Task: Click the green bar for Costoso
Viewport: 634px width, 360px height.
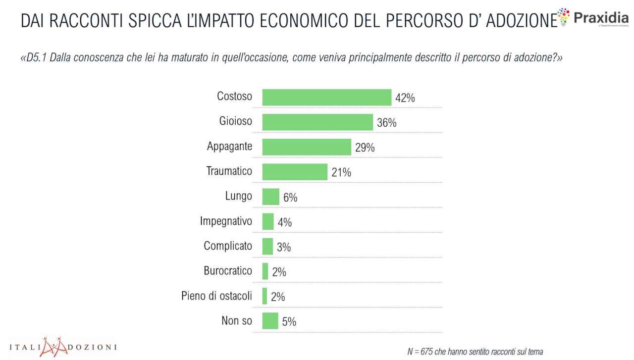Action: pos(326,98)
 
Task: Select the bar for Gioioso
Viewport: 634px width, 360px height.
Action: pos(317,122)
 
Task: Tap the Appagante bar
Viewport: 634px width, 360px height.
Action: pos(306,147)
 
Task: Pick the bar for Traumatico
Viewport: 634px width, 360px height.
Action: pos(294,172)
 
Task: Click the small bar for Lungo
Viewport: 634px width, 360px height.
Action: pos(270,197)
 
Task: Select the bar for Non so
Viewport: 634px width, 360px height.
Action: pos(270,321)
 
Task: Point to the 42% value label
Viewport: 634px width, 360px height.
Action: pos(405,98)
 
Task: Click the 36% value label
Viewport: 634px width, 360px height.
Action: pos(386,123)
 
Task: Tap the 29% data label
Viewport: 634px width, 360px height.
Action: pos(365,148)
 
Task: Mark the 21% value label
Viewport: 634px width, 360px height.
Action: pos(341,172)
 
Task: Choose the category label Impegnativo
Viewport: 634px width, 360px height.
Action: pos(226,221)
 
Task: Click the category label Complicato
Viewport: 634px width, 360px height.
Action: pos(228,246)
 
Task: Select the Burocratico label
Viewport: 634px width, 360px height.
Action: pos(228,271)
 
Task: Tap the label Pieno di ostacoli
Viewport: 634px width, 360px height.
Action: pos(216,296)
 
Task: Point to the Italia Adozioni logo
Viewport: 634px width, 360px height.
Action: pos(63,346)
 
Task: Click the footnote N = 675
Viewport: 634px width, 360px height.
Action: pos(475,351)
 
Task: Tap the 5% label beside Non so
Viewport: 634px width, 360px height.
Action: pos(289,321)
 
